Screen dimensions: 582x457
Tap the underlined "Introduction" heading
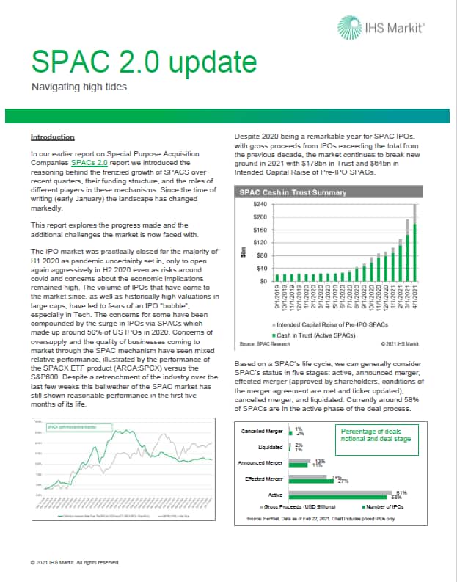coord(52,137)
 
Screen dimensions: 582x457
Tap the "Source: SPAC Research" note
coord(260,343)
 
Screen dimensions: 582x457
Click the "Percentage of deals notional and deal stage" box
coord(377,436)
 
